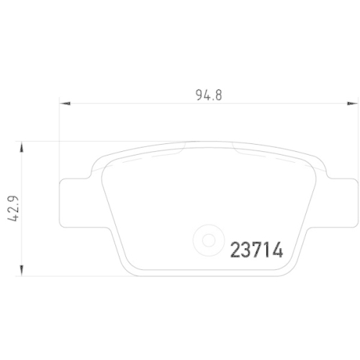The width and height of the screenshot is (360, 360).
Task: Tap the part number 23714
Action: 256,250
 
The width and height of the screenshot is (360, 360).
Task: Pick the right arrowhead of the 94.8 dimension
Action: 353,104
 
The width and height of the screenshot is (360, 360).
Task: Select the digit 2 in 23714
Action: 235,250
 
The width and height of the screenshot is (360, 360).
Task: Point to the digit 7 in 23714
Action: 256,250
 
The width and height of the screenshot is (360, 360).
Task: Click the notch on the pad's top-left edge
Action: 183,147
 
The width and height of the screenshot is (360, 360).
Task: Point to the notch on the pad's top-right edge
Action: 233,147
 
